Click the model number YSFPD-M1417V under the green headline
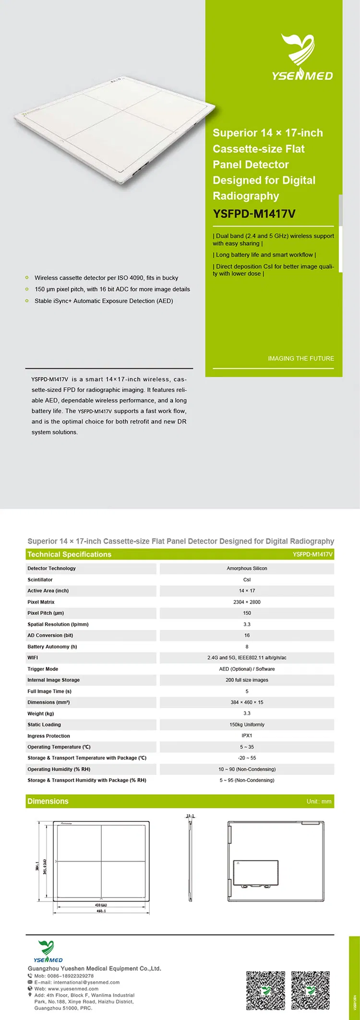tap(254, 214)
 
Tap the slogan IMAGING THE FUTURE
tap(301, 358)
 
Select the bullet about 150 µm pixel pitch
tap(112, 289)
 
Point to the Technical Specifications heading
tap(69, 554)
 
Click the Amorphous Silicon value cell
tap(247, 569)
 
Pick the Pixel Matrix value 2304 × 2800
tap(247, 602)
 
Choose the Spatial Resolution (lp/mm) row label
tap(58, 624)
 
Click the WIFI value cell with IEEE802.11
tap(247, 658)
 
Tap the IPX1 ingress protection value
tap(247, 735)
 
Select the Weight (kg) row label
tap(41, 713)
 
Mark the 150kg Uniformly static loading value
tap(247, 724)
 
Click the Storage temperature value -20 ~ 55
tap(247, 758)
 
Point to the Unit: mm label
tap(319, 801)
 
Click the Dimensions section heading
tap(48, 801)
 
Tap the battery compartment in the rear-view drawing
tap(255, 873)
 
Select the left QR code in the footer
tap(265, 990)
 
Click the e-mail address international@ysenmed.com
tap(77, 982)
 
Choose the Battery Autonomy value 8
tap(247, 647)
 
